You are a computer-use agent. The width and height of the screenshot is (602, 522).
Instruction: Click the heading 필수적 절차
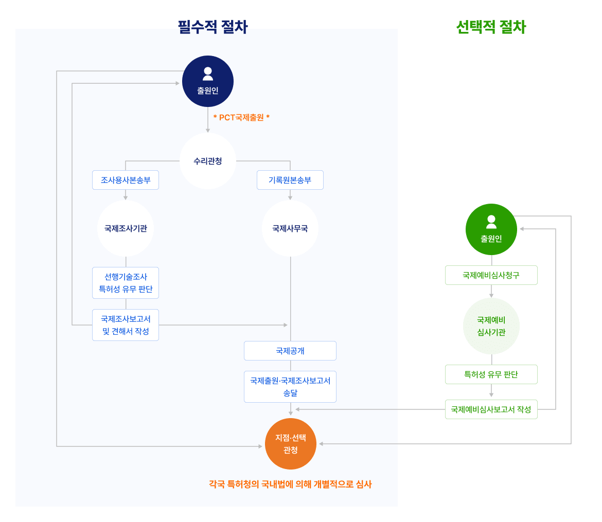pos(213,27)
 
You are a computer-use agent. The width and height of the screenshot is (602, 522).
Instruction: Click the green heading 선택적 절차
pos(491,27)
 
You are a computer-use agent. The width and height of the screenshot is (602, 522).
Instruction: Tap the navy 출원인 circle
pos(208,81)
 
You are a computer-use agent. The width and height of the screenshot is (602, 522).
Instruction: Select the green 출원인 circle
pos(491,229)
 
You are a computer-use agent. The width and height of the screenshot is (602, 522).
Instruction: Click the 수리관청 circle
pos(208,161)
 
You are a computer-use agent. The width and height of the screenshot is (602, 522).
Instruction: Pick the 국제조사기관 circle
pos(126,228)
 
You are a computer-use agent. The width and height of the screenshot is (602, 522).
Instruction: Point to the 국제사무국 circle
pos(290,228)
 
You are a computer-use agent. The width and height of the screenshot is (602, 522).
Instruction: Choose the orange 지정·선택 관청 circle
pos(291,444)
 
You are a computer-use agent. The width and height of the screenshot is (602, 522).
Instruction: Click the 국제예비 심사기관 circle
pos(491,326)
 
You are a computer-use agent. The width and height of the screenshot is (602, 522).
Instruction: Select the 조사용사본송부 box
pos(126,180)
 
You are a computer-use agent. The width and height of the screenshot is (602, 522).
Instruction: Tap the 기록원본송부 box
pos(290,180)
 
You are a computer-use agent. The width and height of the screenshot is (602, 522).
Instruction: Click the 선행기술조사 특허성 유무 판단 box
pos(126,283)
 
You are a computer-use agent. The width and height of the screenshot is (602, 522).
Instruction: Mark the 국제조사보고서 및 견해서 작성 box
pos(126,325)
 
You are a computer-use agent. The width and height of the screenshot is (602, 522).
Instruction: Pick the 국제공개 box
pos(290,351)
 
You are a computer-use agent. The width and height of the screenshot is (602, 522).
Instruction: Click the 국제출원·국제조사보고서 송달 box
pos(290,387)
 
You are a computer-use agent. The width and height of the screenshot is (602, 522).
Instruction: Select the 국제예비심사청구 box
pos(491,275)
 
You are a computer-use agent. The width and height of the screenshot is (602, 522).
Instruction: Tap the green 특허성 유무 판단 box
pos(491,374)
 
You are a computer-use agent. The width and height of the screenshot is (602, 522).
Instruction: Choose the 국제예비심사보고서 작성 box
pos(491,409)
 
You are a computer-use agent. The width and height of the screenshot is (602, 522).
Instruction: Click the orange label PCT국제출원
pos(241,117)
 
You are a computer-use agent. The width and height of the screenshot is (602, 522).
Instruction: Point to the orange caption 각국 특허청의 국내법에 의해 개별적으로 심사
pos(290,484)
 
